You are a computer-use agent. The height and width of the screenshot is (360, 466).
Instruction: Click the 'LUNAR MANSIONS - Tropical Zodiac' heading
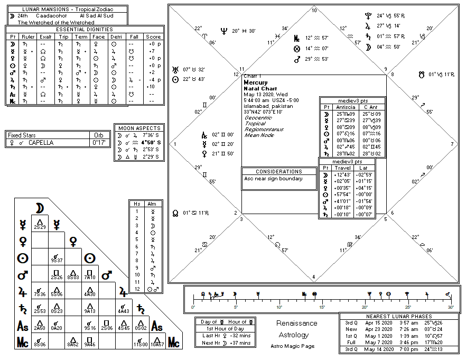pyautogui.click(x=67, y=10)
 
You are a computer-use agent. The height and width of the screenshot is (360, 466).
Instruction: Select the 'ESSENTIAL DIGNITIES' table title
pyautogui.click(x=85, y=29)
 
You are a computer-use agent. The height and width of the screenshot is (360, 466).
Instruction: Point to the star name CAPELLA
pyautogui.click(x=41, y=142)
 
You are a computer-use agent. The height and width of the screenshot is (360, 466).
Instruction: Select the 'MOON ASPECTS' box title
pyautogui.click(x=140, y=128)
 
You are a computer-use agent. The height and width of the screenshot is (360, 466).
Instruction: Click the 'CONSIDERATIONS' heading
pyautogui.click(x=279, y=171)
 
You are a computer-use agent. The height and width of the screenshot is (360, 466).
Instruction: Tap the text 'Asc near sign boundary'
pyautogui.click(x=273, y=179)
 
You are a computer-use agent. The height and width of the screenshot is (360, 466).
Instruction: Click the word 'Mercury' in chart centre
pyautogui.click(x=256, y=83)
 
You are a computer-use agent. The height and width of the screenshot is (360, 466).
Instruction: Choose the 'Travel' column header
pyautogui.click(x=342, y=168)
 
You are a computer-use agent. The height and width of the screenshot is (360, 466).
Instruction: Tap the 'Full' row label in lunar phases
pyautogui.click(x=351, y=342)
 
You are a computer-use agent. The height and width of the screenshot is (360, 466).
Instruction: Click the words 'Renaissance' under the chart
pyautogui.click(x=297, y=324)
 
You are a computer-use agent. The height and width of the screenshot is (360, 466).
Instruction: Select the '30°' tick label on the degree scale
pyautogui.click(x=450, y=307)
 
